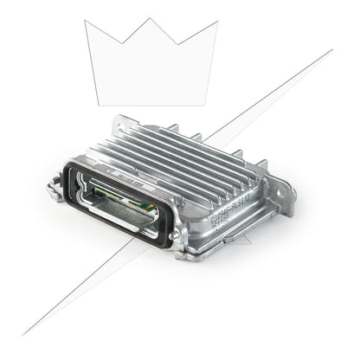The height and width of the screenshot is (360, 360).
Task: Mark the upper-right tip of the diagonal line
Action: click(331, 49)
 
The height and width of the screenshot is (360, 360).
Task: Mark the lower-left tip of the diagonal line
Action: click(23, 334)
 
